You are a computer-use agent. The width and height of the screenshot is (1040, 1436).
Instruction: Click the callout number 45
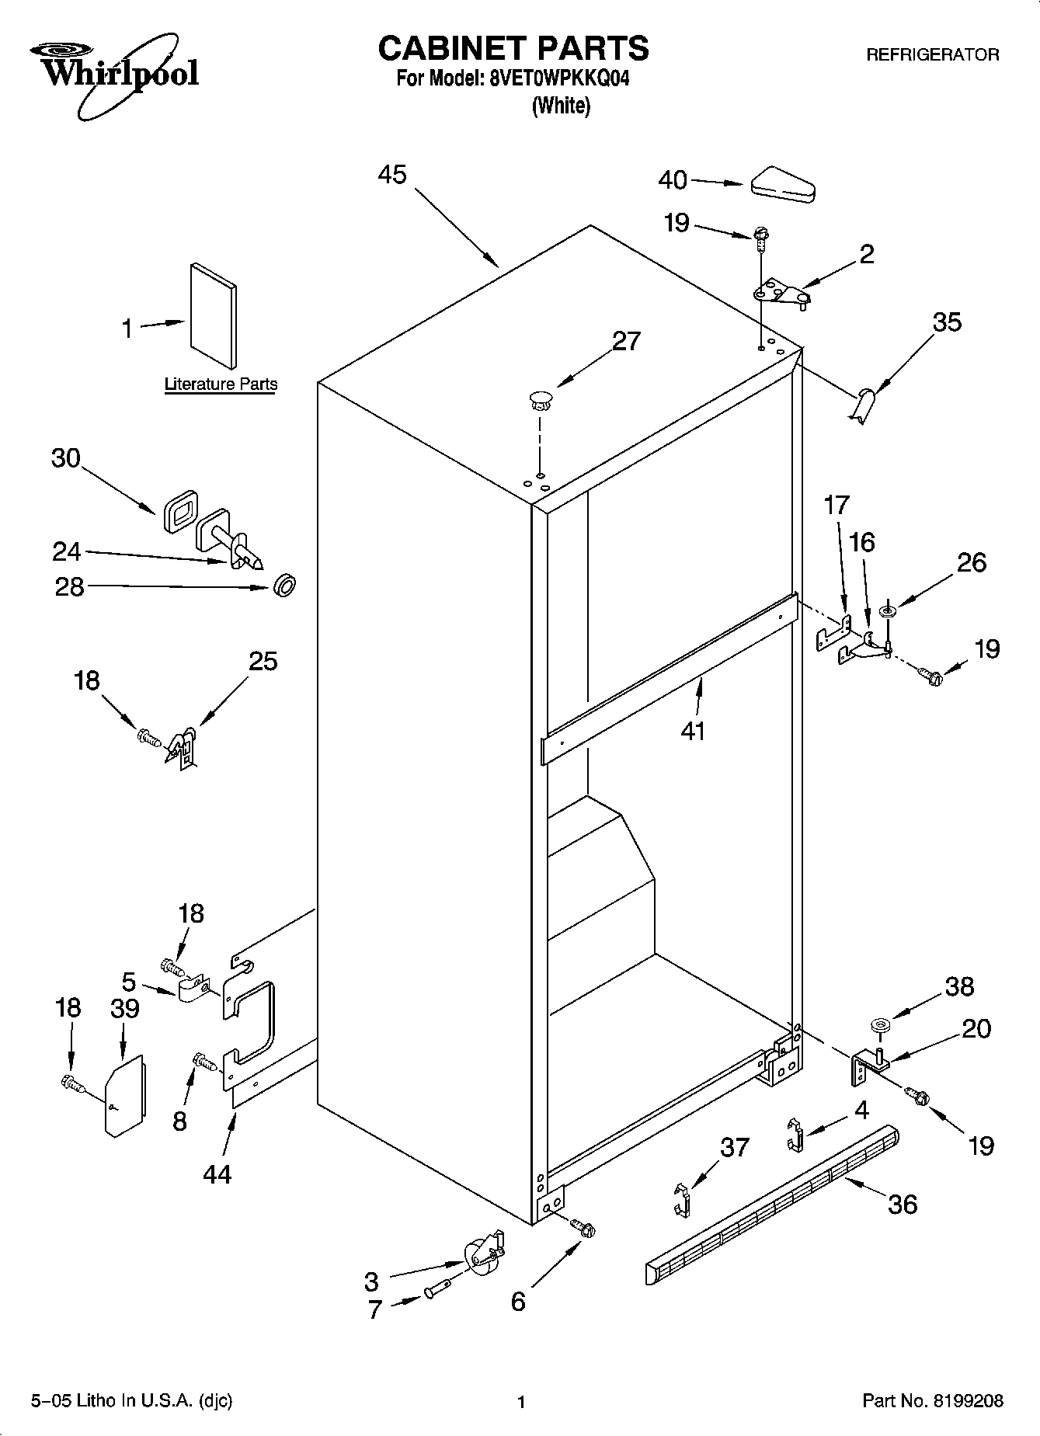(392, 175)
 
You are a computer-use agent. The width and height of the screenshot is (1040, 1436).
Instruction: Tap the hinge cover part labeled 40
(782, 184)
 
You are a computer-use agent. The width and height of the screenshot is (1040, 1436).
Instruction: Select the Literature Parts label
(221, 384)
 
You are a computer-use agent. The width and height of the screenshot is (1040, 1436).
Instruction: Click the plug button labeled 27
(539, 401)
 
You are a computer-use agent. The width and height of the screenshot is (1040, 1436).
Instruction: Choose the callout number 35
(947, 322)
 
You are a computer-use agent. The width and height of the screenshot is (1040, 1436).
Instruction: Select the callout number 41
(693, 730)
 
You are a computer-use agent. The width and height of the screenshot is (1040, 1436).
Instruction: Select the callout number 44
(217, 1174)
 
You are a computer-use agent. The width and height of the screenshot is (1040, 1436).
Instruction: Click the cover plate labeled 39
(124, 1096)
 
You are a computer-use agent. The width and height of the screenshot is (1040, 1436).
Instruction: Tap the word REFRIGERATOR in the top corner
(932, 55)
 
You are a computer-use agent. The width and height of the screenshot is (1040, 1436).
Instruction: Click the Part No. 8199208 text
(933, 1401)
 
